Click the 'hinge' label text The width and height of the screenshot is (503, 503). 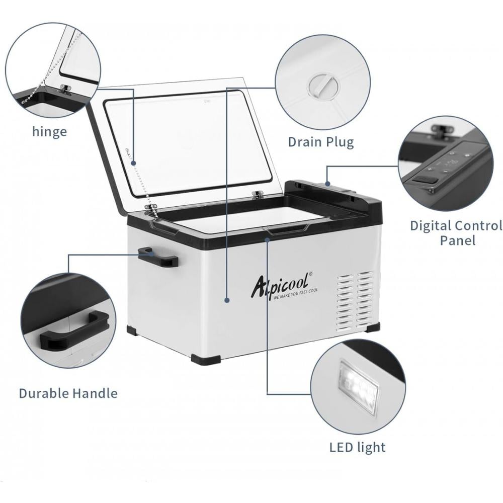tap(50, 131)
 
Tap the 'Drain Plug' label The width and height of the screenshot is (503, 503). tap(321, 142)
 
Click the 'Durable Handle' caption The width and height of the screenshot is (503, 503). tap(68, 393)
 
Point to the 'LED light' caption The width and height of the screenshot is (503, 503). tap(357, 447)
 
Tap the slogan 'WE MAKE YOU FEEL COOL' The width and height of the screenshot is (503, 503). tap(295, 294)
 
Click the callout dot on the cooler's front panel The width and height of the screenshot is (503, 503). tap(227, 301)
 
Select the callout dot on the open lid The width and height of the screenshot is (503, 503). tap(134, 163)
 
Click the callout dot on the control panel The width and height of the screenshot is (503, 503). tap(327, 184)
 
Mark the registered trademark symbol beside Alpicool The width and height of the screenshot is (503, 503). tap(309, 274)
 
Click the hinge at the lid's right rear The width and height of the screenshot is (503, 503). tap(257, 194)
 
